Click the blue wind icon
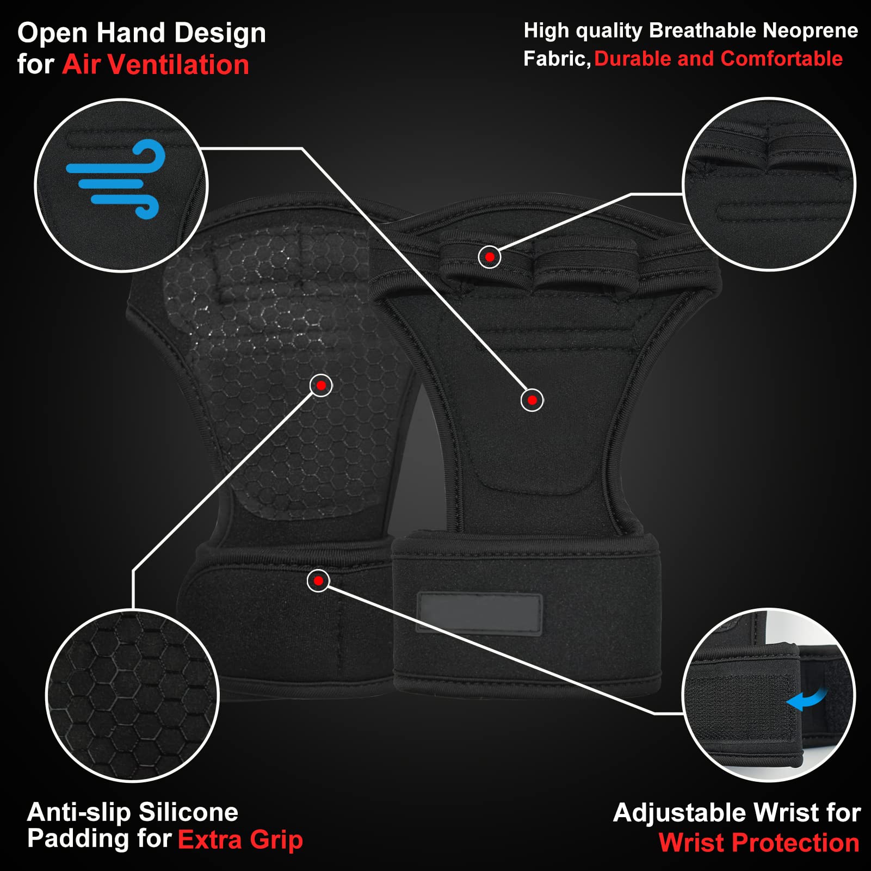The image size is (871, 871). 115,180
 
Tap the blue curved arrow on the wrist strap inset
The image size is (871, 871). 807,699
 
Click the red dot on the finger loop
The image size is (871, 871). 490,257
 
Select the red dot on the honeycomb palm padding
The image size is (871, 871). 321,386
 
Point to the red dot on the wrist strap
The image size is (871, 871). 318,580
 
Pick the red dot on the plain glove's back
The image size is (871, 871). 532,400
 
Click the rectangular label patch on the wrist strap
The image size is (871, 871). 479,613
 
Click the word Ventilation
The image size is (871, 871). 178,65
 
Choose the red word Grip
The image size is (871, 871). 276,840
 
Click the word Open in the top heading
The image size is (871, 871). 53,34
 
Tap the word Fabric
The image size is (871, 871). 557,59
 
